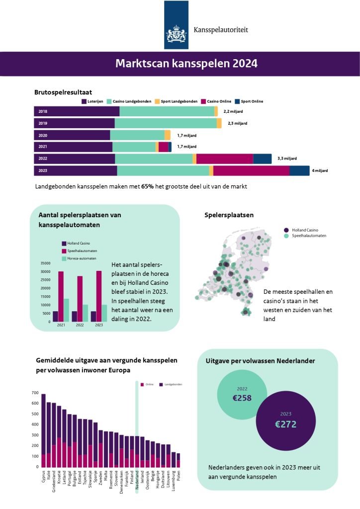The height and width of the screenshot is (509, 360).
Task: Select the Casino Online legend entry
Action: pos(216,101)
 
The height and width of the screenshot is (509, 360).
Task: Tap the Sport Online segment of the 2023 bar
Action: pos(299,171)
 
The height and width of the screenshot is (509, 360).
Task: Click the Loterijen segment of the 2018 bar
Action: pos(77,111)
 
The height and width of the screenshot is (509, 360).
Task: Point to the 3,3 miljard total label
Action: pos(287,159)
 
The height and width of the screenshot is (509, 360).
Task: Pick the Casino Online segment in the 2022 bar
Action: pos(225,159)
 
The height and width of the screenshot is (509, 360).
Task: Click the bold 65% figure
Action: pos(147,187)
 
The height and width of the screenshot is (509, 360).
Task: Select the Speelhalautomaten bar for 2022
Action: pos(80,299)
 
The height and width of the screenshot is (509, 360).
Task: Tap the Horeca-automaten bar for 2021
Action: pos(67,310)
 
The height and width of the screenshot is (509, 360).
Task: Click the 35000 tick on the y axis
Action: pos(45,263)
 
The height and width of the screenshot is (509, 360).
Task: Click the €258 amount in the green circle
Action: pos(242,398)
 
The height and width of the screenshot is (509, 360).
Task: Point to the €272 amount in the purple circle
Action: pos(285,424)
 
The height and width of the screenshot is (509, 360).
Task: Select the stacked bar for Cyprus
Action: pos(43,430)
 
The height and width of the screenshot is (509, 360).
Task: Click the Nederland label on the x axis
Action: pos(137,481)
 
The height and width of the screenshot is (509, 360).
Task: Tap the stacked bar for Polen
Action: pos(178,460)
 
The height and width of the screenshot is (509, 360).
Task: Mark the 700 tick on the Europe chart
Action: pos(35,393)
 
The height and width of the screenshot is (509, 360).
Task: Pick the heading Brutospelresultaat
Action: pos(63,92)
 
